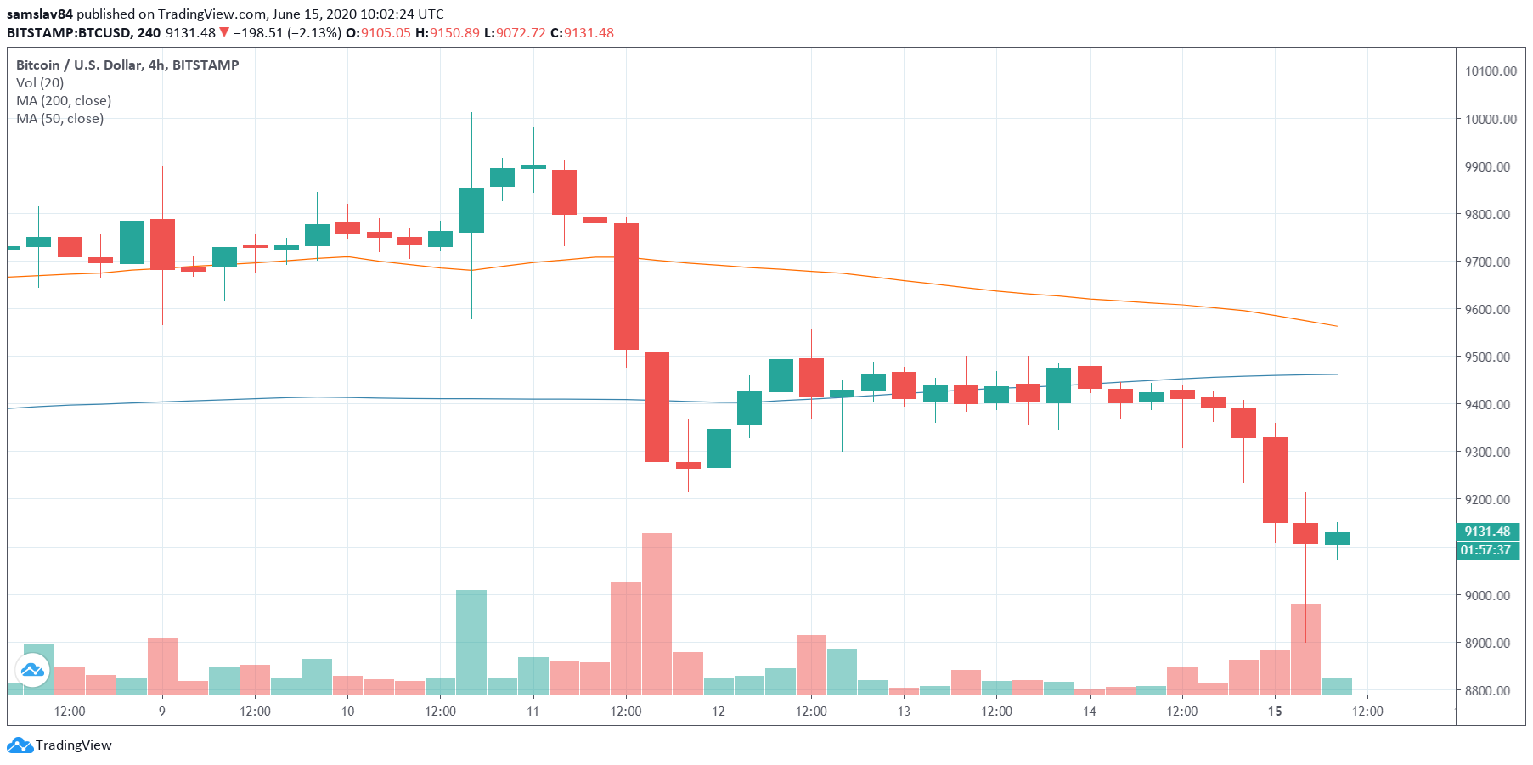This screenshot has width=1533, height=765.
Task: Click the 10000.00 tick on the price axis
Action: pos(1491,119)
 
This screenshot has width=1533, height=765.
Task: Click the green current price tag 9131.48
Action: pos(1487,532)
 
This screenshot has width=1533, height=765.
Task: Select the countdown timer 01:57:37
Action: pos(1485,550)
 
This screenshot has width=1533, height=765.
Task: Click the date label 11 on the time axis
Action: pos(533,712)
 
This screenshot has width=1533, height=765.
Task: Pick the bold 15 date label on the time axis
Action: pos(1274,712)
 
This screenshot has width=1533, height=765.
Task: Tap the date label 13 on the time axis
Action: pos(904,712)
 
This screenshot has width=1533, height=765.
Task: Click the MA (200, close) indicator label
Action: pos(64,100)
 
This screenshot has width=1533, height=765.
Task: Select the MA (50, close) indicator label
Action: pos(60,118)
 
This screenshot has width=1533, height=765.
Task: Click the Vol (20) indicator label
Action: pos(40,82)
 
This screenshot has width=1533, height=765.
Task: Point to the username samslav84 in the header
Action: pos(40,14)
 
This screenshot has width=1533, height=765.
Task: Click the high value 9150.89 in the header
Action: pos(454,32)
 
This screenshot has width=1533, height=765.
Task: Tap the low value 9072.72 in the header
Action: pos(521,32)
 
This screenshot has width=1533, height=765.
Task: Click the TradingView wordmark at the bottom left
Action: pos(73,745)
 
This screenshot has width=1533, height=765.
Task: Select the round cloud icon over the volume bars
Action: pos(32,671)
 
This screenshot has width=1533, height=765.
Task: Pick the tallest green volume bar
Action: pos(471,641)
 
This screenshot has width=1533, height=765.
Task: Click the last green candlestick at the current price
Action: pos(1337,538)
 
